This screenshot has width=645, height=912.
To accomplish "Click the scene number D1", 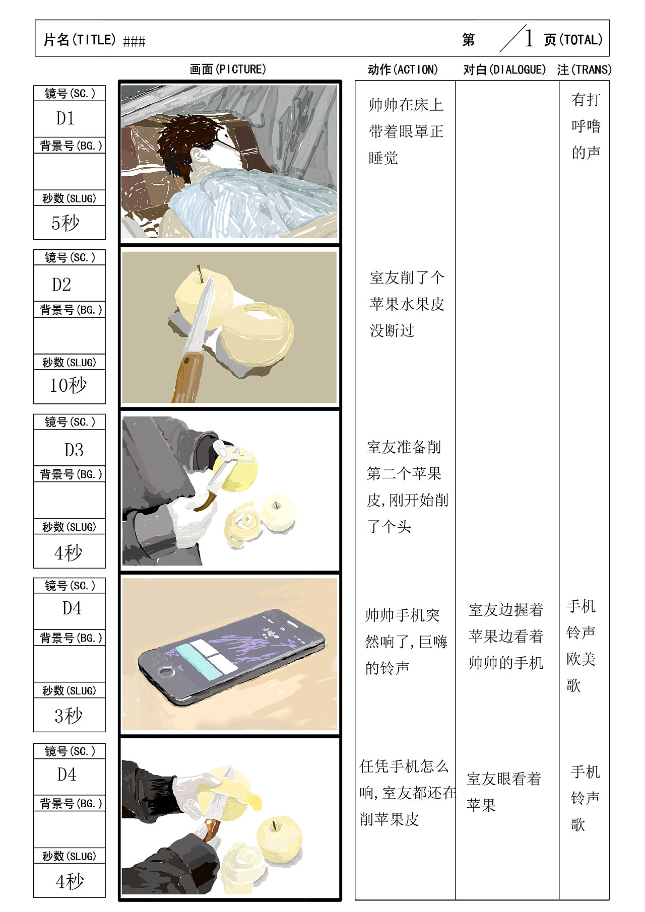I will [66, 118].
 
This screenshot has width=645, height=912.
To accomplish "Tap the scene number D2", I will [62, 285].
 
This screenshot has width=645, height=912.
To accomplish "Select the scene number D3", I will [74, 450].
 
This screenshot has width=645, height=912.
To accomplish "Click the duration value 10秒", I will [68, 385].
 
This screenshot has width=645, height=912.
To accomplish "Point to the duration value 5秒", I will [66, 223].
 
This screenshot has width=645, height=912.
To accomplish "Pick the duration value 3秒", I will [69, 715].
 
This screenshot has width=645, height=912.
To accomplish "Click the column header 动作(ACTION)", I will [403, 69].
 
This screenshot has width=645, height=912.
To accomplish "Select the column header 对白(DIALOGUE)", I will [504, 69].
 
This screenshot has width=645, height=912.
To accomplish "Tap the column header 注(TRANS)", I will [584, 69].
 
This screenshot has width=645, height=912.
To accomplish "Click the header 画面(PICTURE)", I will [228, 69].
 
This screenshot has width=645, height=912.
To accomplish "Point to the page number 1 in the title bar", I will [529, 38].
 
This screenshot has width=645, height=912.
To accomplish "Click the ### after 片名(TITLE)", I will [134, 41].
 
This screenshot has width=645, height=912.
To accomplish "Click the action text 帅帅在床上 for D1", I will [406, 105].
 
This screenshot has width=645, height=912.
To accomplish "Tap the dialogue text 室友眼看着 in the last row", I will [503, 779].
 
